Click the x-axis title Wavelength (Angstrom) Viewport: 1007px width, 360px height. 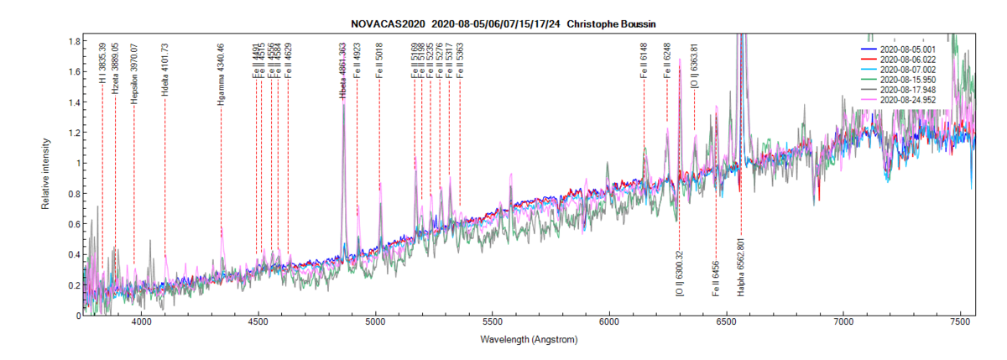click(530, 340)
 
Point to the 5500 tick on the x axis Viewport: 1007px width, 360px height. click(493, 322)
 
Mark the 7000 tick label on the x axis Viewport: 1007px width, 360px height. click(843, 322)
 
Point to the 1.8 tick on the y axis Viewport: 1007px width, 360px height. click(75, 41)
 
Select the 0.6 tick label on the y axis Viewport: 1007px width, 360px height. click(75, 224)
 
